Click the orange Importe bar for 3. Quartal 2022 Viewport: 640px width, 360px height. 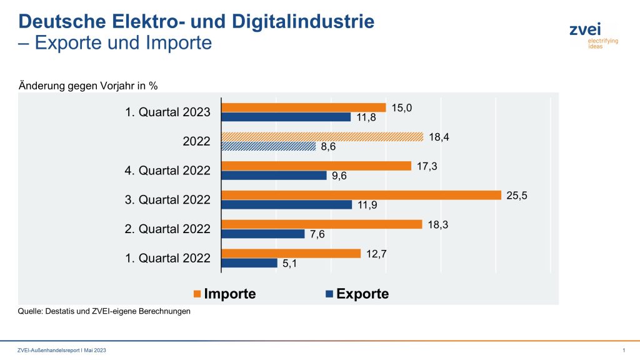362,195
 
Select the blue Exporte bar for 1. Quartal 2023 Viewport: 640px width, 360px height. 287,117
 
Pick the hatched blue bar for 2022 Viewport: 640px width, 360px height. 269,146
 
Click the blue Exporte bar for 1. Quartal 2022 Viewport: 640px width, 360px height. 250,263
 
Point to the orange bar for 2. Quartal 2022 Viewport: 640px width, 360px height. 322,224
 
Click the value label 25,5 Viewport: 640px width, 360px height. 516,195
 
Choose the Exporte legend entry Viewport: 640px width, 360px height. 356,294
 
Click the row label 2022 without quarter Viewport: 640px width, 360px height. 197,141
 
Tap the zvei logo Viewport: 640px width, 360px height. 585,35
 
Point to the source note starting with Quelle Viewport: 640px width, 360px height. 104,311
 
